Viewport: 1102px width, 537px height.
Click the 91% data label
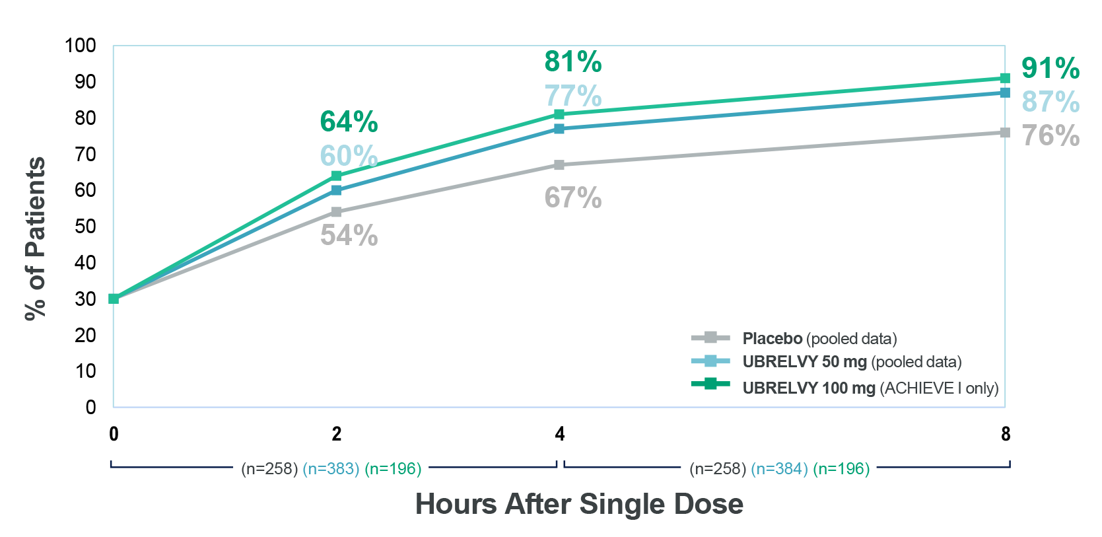coord(1050,68)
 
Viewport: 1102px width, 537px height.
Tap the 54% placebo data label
coord(349,235)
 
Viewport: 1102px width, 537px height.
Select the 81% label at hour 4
coord(572,61)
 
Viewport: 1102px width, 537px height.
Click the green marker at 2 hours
coord(336,176)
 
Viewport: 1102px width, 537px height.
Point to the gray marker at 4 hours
coord(559,165)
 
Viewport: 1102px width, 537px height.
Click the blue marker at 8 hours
coord(1005,92)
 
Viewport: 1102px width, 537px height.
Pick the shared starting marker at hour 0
coord(114,299)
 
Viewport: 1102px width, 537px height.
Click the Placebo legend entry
coord(819,339)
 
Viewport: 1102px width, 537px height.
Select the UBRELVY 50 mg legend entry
coord(851,362)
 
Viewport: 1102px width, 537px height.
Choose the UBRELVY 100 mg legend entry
coord(870,388)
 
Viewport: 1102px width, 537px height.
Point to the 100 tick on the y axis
coord(81,46)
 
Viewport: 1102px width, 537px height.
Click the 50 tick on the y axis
coord(85,227)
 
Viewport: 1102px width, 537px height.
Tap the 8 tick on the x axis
coord(1005,434)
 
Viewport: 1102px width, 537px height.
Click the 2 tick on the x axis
coord(336,434)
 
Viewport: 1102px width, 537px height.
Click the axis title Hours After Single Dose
coord(579,504)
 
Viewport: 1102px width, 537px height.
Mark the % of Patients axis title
coord(36,238)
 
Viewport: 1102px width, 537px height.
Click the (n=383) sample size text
coord(331,468)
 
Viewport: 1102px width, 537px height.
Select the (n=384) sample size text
coord(779,468)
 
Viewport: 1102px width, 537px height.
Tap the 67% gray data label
coord(572,197)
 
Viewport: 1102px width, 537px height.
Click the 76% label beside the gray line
coord(1050,136)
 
